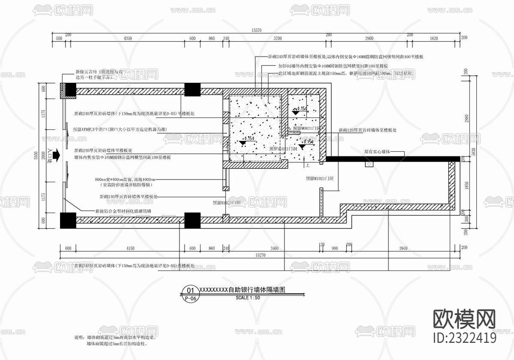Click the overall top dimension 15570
(x=257, y=30)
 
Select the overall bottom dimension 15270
(x=260, y=255)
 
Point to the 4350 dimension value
(x=127, y=39)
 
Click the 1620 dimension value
(x=433, y=39)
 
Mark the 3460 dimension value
(x=275, y=248)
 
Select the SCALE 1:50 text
(x=248, y=297)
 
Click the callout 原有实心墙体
(x=377, y=152)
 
